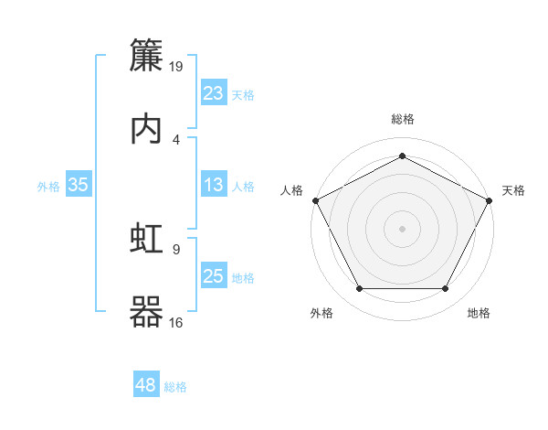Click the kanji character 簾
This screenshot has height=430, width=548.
147,56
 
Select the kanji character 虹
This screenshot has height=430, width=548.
147,239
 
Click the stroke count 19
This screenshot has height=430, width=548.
177,67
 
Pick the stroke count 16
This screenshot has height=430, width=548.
177,321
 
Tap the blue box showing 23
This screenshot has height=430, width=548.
213,93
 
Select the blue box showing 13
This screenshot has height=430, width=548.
213,185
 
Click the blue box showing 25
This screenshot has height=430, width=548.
213,276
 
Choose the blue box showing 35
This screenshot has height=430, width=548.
79,185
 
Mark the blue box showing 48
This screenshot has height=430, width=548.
146,386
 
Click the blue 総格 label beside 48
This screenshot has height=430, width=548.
175,387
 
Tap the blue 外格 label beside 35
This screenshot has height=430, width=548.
48,186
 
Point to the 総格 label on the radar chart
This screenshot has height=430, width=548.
402,120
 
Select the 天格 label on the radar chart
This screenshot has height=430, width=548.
513,190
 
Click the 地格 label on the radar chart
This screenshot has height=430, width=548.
479,314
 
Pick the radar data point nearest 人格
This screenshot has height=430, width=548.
316,199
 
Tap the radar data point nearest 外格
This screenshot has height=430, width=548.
359,289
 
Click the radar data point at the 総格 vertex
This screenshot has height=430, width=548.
402,156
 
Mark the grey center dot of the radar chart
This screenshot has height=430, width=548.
402,228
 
